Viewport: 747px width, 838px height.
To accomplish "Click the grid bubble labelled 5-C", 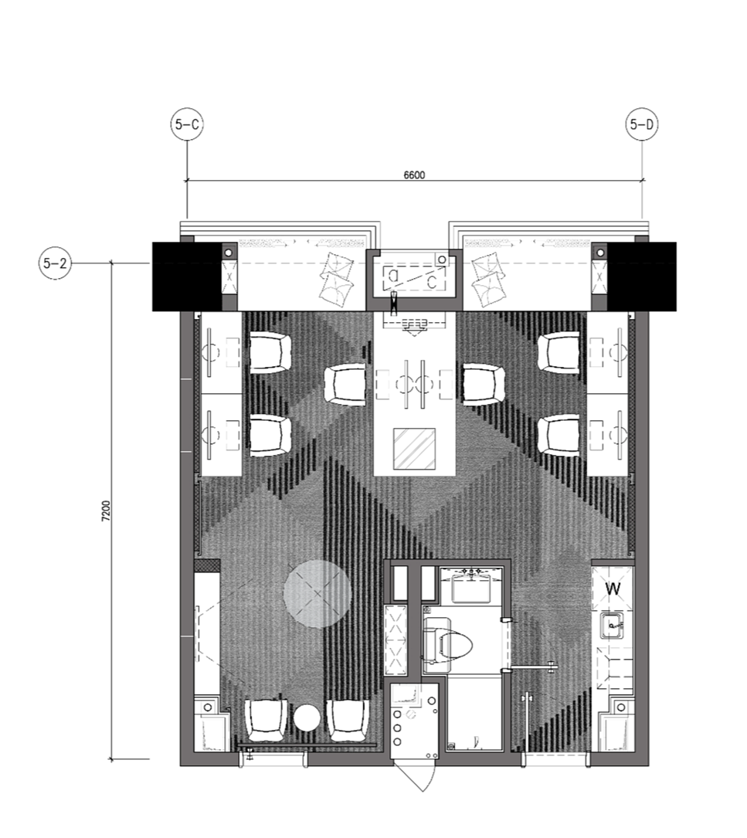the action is [187, 124].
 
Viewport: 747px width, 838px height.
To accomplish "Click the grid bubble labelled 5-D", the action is [642, 124].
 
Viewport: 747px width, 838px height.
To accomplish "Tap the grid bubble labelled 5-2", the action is [55, 263].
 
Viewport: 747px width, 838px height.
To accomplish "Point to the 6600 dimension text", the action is [414, 175].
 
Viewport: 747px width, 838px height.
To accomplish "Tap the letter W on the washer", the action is [613, 589].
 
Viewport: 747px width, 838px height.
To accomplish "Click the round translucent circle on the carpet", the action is [317, 594].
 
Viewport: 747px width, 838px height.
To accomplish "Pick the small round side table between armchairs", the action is [307, 718].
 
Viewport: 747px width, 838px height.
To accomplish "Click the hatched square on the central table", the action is [414, 449].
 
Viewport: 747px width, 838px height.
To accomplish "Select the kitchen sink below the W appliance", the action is [613, 626].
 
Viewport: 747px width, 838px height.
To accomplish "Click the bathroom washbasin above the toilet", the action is [471, 585].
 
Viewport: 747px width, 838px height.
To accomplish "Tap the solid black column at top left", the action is [187, 277].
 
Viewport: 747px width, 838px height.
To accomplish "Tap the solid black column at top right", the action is [642, 277].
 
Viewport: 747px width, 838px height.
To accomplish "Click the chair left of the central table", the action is [345, 385].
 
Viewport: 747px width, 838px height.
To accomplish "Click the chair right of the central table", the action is [484, 385].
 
